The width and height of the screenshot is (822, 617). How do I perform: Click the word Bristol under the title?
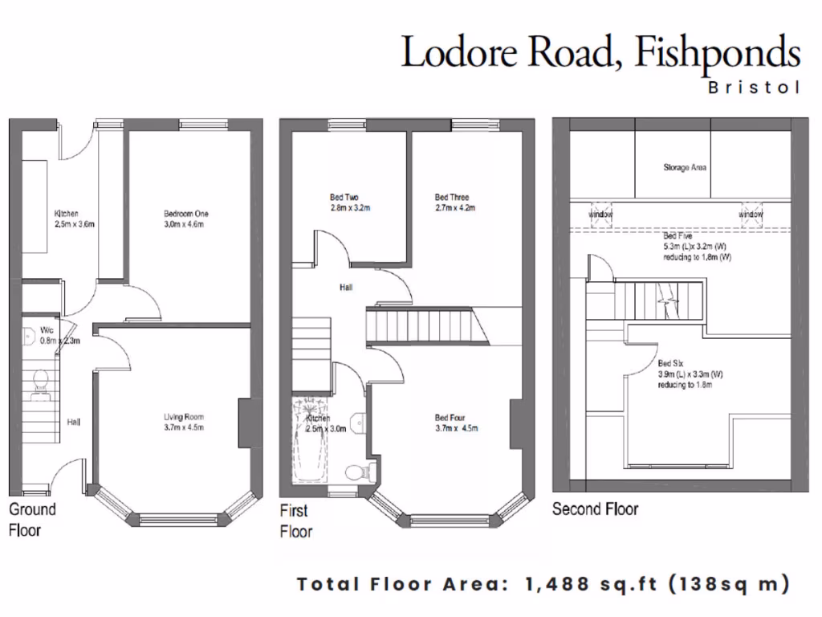point(754,88)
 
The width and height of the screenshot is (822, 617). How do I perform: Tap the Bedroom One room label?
point(186,214)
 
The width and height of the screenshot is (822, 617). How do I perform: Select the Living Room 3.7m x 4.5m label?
point(184,423)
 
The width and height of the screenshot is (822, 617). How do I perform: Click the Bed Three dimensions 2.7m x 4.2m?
point(455,208)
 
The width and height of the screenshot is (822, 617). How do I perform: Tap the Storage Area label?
point(684,168)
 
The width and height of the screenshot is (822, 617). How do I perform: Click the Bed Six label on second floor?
point(671,363)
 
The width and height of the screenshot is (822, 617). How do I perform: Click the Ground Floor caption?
point(32,520)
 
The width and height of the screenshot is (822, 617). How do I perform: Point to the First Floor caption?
point(295,521)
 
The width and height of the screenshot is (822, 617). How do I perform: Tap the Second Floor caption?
point(595,509)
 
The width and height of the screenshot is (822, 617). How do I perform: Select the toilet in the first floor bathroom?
point(355,472)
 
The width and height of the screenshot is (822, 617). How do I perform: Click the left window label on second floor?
point(600,215)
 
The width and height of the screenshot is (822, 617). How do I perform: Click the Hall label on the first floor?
point(346,287)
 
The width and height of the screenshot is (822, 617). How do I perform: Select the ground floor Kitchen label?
point(66,214)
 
